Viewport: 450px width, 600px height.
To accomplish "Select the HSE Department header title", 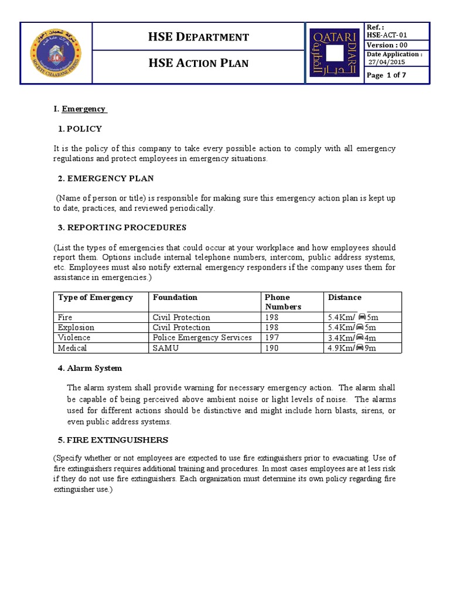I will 199,37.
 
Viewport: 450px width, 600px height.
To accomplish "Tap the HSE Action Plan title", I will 199,63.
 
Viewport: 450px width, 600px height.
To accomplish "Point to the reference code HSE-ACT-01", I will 386,35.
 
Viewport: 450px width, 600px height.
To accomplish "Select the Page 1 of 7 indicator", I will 386,75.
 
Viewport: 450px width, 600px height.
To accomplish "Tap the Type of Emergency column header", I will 96,298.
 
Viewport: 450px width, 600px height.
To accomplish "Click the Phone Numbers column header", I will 284,302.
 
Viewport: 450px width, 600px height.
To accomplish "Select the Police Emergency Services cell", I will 202,338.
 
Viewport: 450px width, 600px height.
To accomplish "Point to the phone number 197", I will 272,338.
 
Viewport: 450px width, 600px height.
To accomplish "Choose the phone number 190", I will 272,348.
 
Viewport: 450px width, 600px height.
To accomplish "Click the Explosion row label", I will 76,328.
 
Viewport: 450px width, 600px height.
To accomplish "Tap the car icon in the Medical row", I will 360,349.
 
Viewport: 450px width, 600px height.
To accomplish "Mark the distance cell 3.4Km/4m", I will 352,338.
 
